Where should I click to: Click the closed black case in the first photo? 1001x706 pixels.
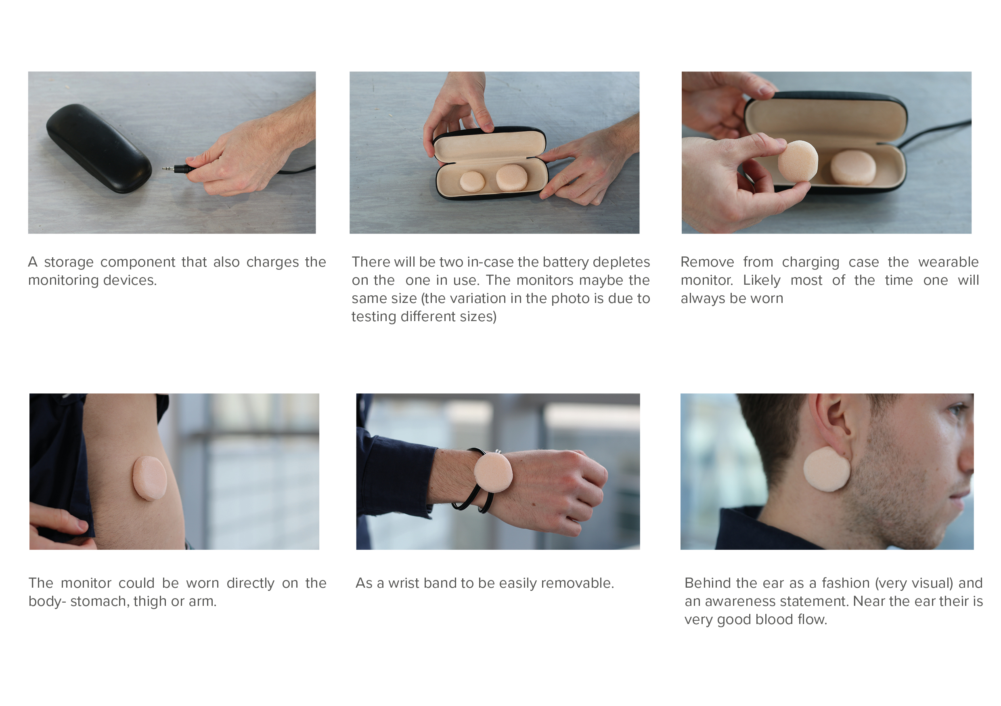[99, 148]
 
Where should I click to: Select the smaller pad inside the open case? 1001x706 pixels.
[472, 181]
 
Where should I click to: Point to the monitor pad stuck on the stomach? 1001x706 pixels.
[149, 478]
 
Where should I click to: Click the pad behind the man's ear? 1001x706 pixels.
[827, 469]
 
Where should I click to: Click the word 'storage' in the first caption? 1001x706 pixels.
[69, 262]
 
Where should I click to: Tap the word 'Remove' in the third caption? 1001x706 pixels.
[707, 262]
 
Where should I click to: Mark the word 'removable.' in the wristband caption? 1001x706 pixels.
[580, 583]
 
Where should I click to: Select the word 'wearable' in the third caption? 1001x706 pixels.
[949, 262]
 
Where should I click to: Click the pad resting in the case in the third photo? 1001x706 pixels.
[852, 167]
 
